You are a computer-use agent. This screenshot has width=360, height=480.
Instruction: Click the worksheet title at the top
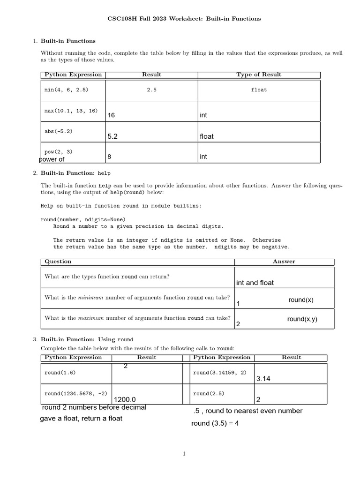pos(184,19)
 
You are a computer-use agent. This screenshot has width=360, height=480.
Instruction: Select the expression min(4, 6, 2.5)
pos(66,90)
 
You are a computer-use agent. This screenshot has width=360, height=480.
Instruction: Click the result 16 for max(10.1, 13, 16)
pos(111,115)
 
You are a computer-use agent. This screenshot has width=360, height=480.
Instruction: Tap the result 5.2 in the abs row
pos(112,136)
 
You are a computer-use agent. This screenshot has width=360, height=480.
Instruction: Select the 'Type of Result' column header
pos(259,75)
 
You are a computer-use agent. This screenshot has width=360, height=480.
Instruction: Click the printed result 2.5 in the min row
pos(151,90)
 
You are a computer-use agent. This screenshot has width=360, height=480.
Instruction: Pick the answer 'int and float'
pos(255,283)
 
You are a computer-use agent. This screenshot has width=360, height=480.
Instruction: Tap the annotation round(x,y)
pos(302,319)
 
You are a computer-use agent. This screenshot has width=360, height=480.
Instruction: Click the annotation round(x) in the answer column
pos(301,300)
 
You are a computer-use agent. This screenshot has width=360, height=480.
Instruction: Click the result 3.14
pos(263,379)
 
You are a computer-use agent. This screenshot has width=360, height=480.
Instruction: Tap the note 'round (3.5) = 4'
pos(215,424)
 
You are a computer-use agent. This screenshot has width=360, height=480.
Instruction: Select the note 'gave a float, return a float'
pos(81,418)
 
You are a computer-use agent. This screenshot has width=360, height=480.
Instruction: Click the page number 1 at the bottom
pos(184,453)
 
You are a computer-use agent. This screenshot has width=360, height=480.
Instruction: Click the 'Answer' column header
pos(284,262)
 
